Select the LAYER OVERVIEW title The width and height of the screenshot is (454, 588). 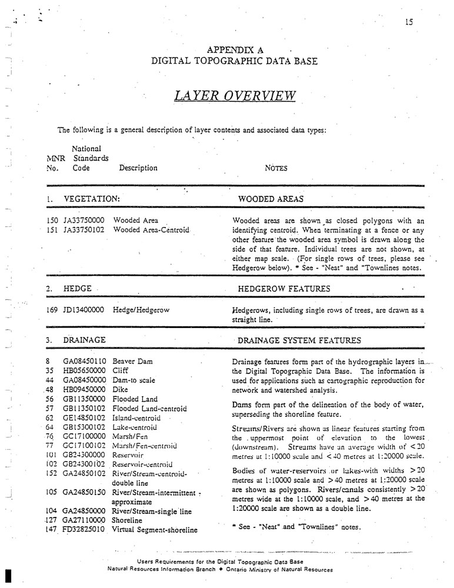(x=235, y=95)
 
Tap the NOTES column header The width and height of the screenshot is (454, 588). (x=276, y=168)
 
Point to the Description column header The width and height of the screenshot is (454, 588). (x=138, y=168)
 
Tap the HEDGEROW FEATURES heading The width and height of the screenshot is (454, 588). (x=283, y=289)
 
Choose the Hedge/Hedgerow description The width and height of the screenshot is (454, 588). (x=141, y=310)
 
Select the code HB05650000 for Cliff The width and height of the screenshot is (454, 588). (x=84, y=371)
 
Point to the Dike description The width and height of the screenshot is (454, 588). (x=120, y=390)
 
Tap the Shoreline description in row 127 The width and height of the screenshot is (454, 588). (x=129, y=520)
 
